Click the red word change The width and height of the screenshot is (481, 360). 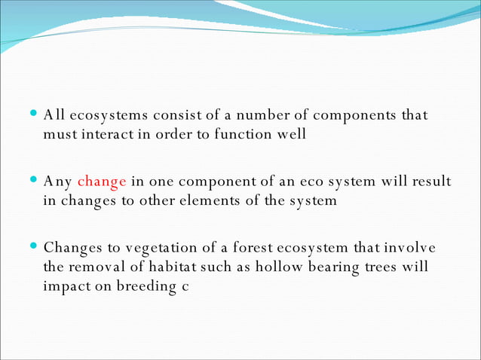click(x=101, y=182)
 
